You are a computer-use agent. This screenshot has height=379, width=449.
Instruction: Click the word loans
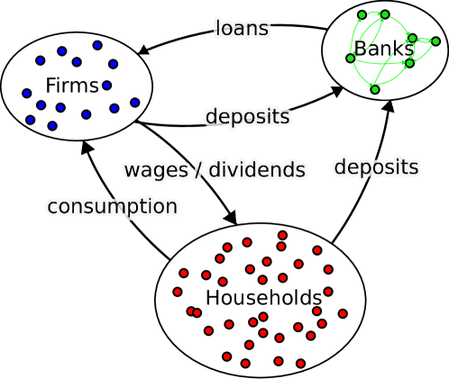(242, 29)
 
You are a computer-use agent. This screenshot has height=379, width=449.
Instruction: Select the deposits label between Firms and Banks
(247, 117)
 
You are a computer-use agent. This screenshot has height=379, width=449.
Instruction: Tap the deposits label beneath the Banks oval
(376, 167)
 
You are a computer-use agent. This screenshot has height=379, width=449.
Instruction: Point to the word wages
(156, 170)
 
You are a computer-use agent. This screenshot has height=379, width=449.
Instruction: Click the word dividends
(257, 170)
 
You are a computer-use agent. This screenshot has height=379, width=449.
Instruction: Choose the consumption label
(112, 207)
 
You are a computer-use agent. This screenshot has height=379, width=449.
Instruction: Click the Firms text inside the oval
(71, 86)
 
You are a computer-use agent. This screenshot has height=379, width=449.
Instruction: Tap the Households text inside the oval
(263, 298)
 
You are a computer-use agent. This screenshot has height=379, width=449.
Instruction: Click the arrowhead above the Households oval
(229, 216)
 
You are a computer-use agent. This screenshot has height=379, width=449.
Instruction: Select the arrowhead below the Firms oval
(87, 148)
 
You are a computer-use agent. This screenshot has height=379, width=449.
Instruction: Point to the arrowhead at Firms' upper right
(144, 49)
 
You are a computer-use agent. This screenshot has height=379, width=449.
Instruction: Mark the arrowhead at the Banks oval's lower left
(336, 92)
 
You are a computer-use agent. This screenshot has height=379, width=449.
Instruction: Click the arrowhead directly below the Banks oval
(388, 106)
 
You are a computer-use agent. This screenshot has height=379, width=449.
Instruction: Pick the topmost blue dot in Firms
(97, 45)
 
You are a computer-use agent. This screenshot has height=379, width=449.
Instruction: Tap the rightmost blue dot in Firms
(134, 103)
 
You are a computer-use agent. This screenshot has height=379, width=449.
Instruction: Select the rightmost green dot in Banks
(435, 41)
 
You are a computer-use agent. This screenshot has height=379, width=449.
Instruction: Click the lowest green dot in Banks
(375, 89)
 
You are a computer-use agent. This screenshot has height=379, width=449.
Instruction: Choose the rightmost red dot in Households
(343, 313)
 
